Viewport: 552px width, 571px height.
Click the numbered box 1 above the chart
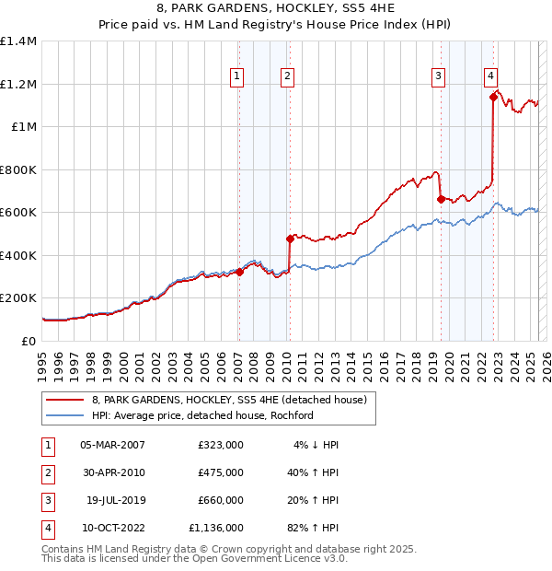point(237,76)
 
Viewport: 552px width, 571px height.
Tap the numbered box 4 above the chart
point(491,76)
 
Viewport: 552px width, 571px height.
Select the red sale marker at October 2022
point(493,97)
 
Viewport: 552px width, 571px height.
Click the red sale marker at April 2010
point(290,239)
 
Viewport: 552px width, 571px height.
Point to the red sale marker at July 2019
point(441,199)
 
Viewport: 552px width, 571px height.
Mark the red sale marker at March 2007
point(239,272)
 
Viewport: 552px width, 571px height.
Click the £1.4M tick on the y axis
point(18,41)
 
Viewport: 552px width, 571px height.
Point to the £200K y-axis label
point(18,298)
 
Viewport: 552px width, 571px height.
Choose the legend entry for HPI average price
point(202,415)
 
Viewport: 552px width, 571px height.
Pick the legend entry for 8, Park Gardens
point(229,400)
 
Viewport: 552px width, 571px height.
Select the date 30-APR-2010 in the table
point(113,472)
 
